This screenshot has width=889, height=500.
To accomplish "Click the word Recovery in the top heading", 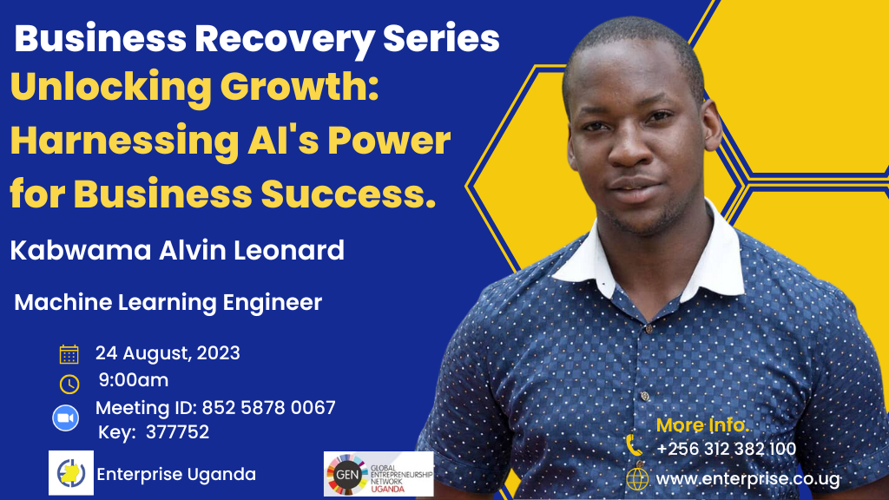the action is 284,40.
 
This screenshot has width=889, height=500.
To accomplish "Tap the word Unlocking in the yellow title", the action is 110,88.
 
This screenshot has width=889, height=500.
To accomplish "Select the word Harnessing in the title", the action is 124,141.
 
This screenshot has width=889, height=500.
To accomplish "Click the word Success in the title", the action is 348,194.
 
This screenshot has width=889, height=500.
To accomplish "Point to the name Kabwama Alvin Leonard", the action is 177,250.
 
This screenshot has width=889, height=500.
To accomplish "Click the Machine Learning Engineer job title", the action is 168,302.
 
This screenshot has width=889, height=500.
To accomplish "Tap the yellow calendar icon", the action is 69,354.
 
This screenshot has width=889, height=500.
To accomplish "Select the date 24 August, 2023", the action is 168,353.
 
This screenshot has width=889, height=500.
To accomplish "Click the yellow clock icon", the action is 69,384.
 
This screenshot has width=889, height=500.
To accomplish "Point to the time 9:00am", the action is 134,380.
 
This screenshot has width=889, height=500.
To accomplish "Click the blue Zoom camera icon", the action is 66,418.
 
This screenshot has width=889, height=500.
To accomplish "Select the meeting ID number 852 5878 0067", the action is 269,408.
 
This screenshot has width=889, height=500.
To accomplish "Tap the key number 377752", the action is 177,432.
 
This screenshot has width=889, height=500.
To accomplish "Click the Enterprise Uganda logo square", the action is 71,473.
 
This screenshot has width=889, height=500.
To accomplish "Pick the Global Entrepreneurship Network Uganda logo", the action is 379,474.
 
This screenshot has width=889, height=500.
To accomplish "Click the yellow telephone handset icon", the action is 635,445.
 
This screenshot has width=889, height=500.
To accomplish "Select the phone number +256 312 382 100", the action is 727,449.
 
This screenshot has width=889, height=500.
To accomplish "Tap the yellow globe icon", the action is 636,479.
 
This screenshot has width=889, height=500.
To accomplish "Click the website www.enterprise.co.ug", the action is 747,479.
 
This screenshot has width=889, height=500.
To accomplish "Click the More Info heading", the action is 701,424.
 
